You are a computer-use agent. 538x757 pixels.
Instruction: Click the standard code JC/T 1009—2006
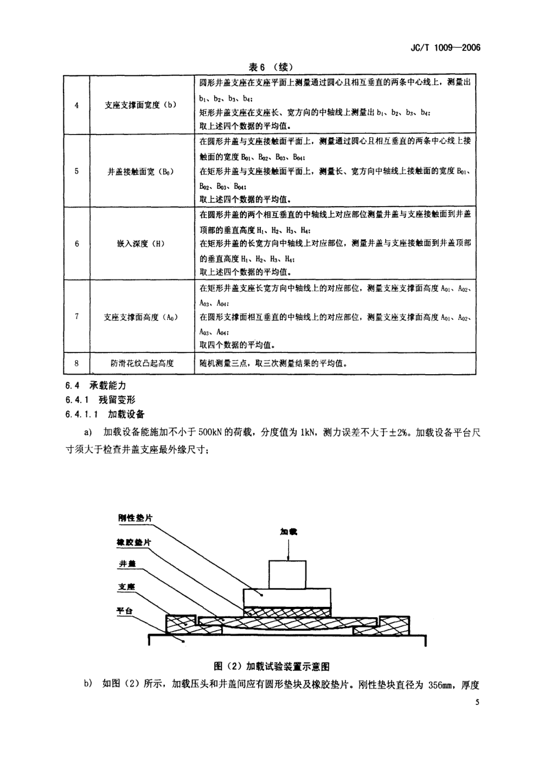(443, 48)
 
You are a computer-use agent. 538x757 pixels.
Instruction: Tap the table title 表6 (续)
(270, 67)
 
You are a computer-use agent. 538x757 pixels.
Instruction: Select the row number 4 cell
(76, 105)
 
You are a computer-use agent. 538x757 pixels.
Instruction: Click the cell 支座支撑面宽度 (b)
(140, 105)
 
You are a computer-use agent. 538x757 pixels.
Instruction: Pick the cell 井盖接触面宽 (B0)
(140, 172)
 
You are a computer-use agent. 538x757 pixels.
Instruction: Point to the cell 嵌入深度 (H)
(140, 244)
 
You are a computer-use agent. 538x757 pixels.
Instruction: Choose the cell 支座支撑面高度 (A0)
(140, 317)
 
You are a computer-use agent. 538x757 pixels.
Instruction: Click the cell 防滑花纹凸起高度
(140, 363)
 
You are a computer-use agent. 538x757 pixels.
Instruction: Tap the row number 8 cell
(76, 363)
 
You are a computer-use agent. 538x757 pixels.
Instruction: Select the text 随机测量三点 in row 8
(223, 363)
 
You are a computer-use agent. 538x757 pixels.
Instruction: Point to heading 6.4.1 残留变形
(100, 400)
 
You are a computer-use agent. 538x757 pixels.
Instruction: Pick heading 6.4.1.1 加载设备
(105, 414)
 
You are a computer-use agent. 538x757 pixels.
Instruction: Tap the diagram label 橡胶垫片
(134, 542)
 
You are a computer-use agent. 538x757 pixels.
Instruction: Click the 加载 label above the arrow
(289, 532)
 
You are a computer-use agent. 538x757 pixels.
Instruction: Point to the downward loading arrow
(289, 550)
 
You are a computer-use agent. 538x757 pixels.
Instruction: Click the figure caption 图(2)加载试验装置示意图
(272, 666)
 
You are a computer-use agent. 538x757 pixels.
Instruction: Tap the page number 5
(477, 703)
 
